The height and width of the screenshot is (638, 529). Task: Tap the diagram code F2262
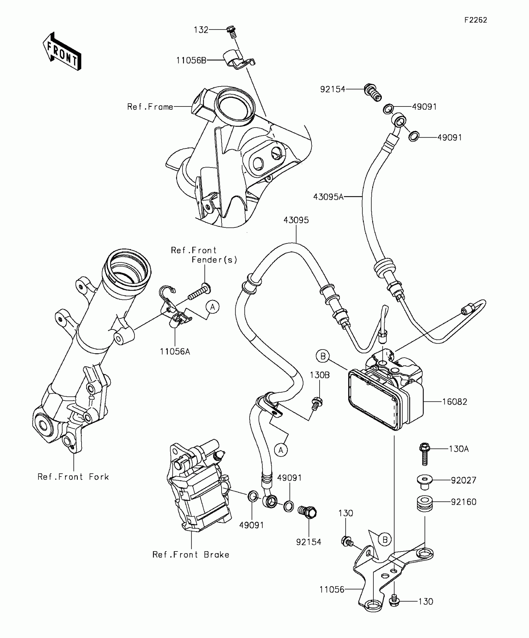click(475, 20)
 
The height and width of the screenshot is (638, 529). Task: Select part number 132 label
click(201, 30)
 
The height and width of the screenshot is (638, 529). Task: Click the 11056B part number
click(191, 60)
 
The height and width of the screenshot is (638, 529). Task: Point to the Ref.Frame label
click(150, 107)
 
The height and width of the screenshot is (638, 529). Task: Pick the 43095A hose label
click(328, 197)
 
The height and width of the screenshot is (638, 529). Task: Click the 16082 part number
click(455, 402)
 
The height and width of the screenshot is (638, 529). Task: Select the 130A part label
click(459, 449)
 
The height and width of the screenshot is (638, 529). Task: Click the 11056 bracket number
click(332, 589)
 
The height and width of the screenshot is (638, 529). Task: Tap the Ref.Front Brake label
click(191, 555)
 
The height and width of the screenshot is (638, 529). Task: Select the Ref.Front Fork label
click(73, 477)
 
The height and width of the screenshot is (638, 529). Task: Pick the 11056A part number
click(175, 351)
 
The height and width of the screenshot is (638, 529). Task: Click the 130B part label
click(320, 375)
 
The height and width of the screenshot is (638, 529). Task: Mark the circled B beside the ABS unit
click(323, 356)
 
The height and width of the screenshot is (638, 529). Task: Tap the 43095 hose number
click(296, 220)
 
